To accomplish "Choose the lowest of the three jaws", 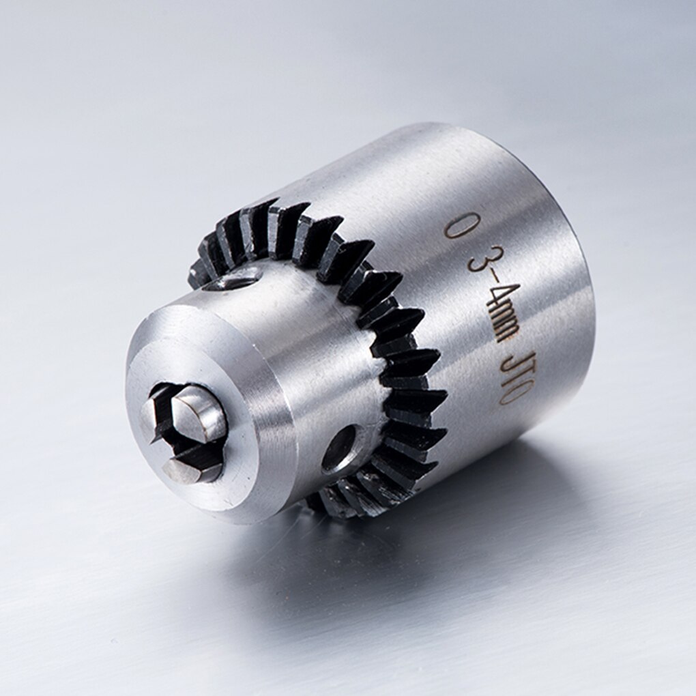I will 190,469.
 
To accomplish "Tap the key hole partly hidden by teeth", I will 235,278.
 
